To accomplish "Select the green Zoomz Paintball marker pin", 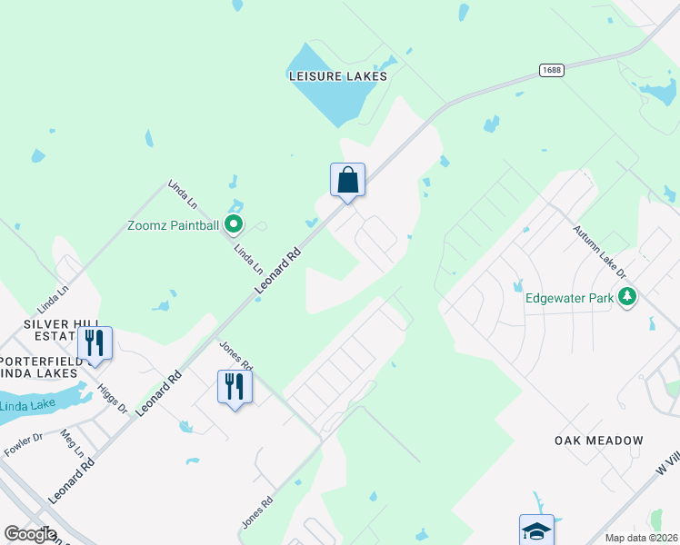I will (234, 223).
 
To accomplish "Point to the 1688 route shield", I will (550, 70).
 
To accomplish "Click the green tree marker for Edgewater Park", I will (625, 296).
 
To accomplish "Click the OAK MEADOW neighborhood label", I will (598, 441).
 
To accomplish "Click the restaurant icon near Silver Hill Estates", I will (94, 342).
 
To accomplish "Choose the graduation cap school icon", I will (536, 530).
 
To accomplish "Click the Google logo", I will (30, 534).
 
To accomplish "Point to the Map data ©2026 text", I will (641, 538).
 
